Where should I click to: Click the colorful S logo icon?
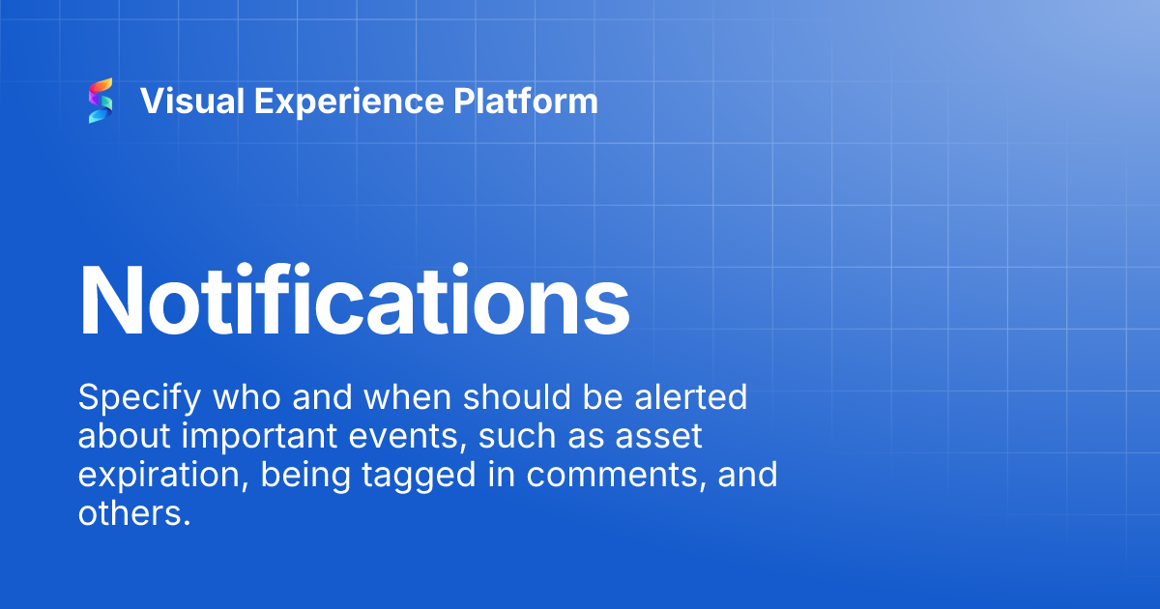pos(101,101)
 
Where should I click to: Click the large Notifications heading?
pos(354,298)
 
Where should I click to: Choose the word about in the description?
pos(122,437)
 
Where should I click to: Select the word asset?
pos(668,437)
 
